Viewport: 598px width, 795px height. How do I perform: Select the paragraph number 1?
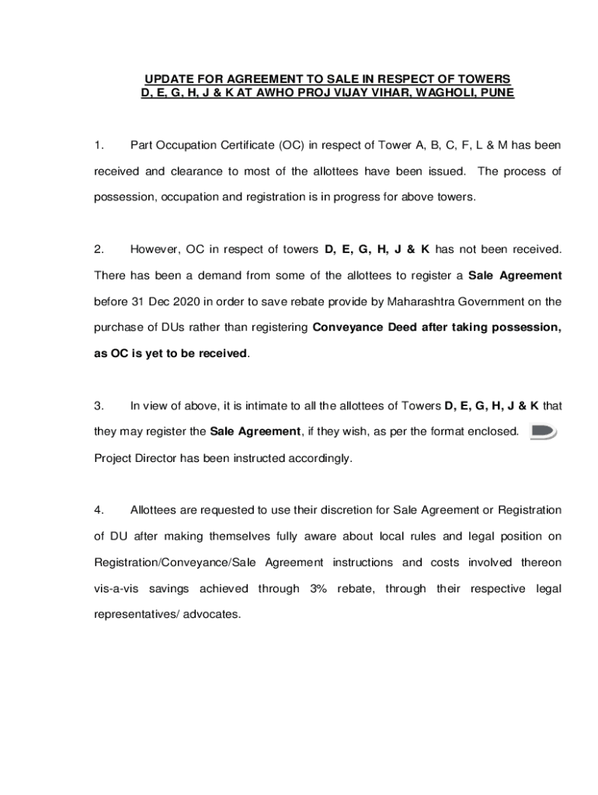(97, 145)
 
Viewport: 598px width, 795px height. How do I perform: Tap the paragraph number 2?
(98, 249)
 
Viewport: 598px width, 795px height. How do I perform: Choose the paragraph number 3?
(98, 405)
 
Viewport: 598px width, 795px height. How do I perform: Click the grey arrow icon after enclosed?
(543, 432)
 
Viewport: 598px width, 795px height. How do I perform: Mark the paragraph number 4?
(98, 510)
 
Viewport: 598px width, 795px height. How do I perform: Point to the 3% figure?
(318, 588)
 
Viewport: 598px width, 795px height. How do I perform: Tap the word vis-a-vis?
(116, 588)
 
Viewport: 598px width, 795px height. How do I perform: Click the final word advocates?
(210, 614)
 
